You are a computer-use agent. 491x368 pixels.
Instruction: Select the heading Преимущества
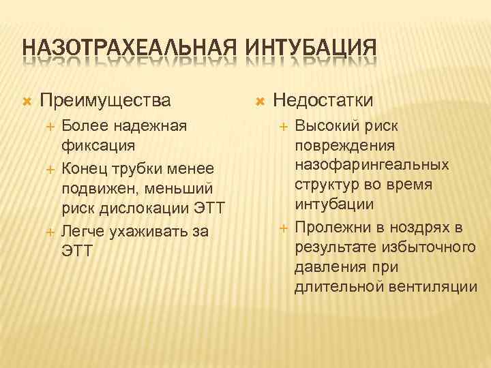[x=105, y=101]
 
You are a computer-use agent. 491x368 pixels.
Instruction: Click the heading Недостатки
[x=323, y=101]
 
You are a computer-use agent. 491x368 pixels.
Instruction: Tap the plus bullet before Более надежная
[x=49, y=127]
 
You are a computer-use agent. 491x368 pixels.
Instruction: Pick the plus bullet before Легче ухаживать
[x=49, y=232]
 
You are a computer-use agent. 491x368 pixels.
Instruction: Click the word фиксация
[x=98, y=146]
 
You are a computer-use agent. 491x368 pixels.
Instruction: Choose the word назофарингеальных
[x=372, y=165]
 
